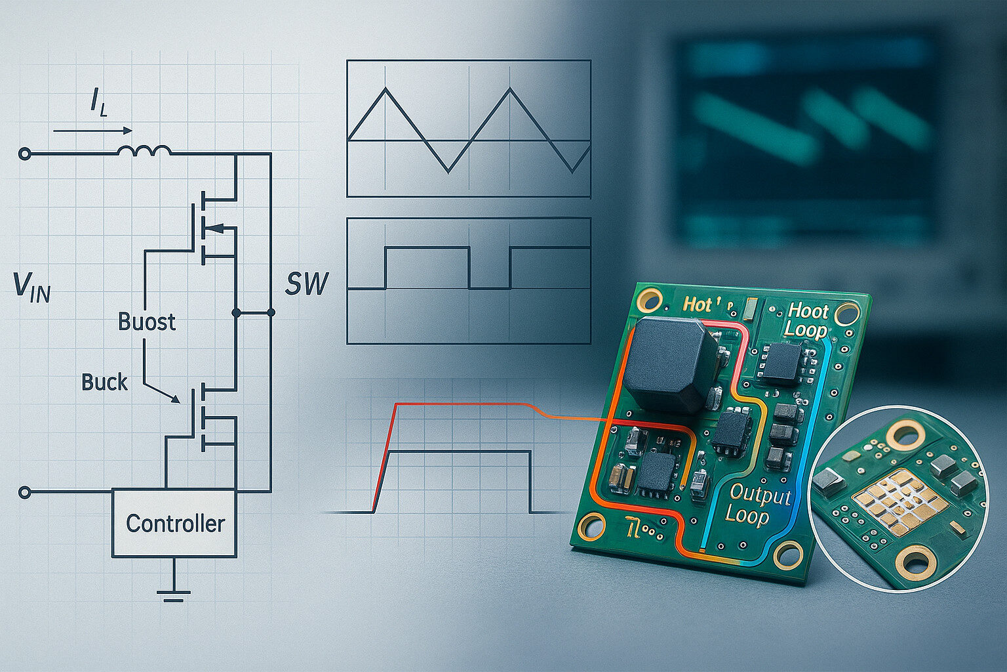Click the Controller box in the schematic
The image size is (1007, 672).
point(174,523)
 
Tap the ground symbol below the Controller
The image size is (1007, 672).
point(174,588)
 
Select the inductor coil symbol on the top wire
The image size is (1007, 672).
point(144,151)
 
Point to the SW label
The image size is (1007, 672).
point(307,283)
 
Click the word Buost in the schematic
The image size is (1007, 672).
point(147,322)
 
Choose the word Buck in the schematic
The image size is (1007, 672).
point(105,382)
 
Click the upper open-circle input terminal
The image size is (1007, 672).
point(25,154)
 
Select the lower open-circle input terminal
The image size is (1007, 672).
point(25,492)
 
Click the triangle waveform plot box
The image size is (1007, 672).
point(469,129)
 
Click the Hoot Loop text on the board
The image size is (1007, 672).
point(807,320)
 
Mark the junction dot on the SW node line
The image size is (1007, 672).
point(237,314)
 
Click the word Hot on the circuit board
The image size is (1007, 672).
point(697,304)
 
